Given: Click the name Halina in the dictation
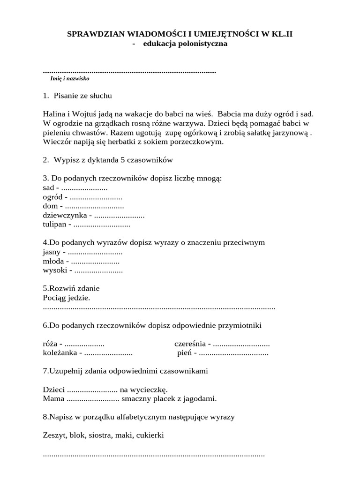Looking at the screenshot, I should point(52,114).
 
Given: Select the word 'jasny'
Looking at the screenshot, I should point(51,252).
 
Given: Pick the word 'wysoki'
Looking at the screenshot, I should point(53,270).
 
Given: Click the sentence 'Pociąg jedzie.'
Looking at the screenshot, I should point(66,298).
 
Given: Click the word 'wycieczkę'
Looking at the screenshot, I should point(151,389).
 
